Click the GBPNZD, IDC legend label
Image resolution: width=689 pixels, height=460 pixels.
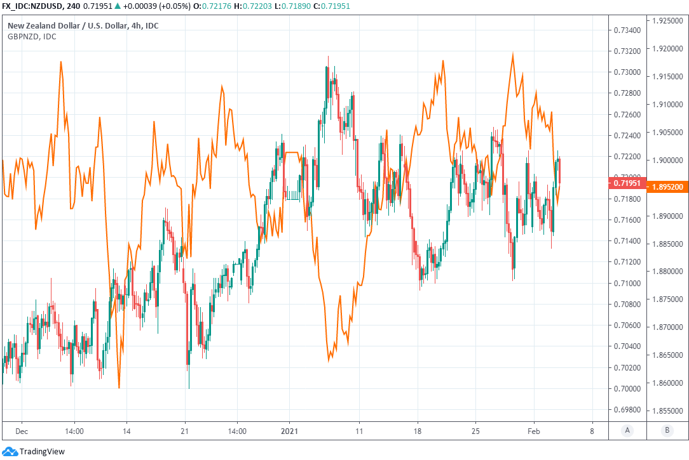tap(32, 36)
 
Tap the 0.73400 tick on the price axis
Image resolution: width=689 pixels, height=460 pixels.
tap(627, 30)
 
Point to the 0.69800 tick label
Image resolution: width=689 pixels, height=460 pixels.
tap(627, 409)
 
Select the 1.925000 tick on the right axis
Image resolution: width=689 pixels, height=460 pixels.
tap(667, 21)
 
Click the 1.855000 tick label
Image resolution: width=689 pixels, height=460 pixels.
tap(667, 411)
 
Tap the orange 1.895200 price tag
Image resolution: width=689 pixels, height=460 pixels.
tap(667, 188)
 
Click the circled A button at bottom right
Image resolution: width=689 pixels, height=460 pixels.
tap(627, 430)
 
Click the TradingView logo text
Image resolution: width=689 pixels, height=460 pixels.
tap(42, 452)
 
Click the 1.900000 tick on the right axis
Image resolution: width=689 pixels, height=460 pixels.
tap(667, 161)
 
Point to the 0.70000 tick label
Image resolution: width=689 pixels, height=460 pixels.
tap(627, 388)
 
